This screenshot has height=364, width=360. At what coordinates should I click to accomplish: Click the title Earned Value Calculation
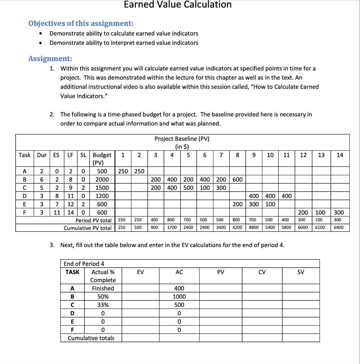click(178, 5)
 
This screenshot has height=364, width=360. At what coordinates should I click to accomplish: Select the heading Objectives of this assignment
click(81, 23)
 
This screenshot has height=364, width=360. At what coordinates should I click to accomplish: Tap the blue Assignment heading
click(50, 59)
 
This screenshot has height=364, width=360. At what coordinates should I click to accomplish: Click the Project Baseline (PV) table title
click(182, 139)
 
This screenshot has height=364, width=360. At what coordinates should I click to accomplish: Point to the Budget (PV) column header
click(102, 159)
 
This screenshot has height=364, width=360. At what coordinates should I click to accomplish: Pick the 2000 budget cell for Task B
click(102, 180)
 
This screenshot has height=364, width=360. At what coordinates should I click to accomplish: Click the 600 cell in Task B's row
click(237, 180)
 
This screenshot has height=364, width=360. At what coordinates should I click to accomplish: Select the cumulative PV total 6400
click(339, 227)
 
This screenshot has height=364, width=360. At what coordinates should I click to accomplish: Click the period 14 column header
click(340, 155)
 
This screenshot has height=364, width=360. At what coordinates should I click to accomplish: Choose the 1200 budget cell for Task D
click(102, 196)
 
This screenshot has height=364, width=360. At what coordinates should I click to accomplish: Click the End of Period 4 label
click(84, 263)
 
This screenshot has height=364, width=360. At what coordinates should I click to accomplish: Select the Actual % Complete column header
click(103, 276)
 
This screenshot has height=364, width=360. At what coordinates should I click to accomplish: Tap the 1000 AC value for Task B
click(179, 296)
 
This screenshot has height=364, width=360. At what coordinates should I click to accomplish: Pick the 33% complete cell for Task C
click(103, 305)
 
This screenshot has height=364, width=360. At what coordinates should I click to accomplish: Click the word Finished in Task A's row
click(103, 288)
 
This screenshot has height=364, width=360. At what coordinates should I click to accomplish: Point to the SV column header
click(300, 272)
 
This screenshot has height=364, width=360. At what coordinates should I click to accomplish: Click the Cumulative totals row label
click(91, 338)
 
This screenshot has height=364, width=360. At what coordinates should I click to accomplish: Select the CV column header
click(262, 272)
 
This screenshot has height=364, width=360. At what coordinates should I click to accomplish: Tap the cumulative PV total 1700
click(173, 227)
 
